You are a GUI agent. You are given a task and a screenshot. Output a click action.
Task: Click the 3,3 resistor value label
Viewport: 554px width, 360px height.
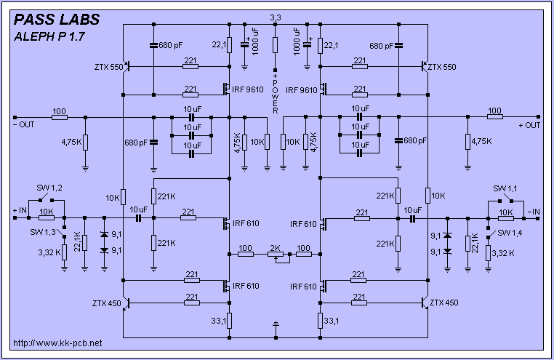[275, 17]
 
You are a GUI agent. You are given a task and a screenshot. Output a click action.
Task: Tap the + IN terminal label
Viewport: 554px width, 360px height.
[21, 210]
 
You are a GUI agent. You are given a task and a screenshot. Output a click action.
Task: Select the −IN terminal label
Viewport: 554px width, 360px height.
[534, 210]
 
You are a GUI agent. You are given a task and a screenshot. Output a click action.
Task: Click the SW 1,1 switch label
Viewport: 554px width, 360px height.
[503, 188]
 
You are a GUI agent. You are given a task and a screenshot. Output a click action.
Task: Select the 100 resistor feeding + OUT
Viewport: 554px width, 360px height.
[494, 117]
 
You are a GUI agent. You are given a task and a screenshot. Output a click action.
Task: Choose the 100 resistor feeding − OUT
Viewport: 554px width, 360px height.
[59, 117]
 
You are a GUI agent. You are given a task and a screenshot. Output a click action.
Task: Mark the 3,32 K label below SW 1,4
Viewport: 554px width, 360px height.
[503, 253]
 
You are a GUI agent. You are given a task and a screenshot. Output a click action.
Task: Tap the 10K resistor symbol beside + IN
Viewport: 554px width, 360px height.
[46, 217]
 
